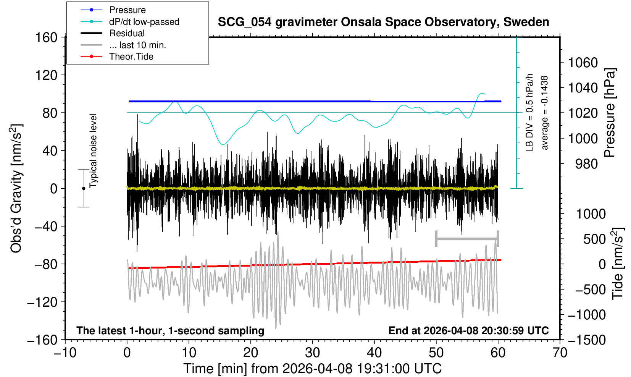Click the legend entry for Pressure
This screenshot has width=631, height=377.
coord(127,10)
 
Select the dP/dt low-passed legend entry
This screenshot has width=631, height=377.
coord(144,22)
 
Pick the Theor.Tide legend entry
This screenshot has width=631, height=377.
coord(131,57)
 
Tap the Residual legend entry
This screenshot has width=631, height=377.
coord(127,33)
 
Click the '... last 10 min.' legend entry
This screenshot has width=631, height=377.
coord(137,45)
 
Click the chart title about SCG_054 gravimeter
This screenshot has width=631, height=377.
coord(383,22)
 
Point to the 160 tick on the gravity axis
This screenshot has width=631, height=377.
coord(46,37)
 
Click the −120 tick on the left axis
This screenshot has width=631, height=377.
coord(42,302)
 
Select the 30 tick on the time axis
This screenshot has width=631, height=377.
coord(312,352)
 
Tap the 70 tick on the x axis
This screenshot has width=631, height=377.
coord(560,352)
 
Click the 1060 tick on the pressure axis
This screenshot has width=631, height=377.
coord(583,63)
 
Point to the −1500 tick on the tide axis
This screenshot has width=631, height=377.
coord(587,340)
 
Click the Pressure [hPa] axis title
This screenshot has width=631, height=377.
coord(610,113)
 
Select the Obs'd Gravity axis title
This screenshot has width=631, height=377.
coord(16,188)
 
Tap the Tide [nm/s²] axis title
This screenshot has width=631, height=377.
coord(618,264)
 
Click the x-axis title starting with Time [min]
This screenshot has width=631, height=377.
coord(312,369)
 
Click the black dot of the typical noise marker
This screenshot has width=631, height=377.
coord(84,188)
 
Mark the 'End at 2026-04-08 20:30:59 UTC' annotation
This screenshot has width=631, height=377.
coord(468,330)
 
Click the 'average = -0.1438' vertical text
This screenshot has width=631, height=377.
coord(545,113)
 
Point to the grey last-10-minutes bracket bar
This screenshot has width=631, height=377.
coord(467,239)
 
